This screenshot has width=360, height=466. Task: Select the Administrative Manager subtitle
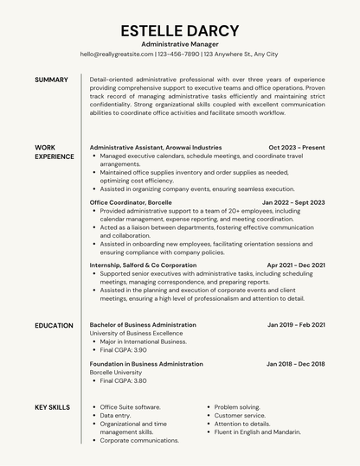[x=179, y=43]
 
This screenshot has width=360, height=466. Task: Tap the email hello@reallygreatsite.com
[x=116, y=54]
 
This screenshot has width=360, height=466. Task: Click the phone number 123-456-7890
[x=179, y=54]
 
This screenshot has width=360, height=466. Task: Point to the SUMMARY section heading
[x=51, y=80]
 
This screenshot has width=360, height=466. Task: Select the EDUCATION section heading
[x=54, y=325]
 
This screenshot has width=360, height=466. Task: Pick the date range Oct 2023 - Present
[x=297, y=148]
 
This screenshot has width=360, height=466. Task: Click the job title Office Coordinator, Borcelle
[x=131, y=202]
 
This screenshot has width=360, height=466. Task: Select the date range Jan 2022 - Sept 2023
[x=293, y=202]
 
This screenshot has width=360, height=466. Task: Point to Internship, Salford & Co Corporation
[x=143, y=265]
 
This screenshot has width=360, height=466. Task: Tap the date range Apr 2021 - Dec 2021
[x=296, y=265]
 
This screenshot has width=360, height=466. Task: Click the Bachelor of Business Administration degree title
[x=143, y=325]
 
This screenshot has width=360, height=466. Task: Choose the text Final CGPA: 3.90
[x=123, y=350]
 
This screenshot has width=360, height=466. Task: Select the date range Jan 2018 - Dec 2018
[x=295, y=364]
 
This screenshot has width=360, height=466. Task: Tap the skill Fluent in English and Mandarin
[x=258, y=432]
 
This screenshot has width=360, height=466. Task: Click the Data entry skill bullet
[x=115, y=415]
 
